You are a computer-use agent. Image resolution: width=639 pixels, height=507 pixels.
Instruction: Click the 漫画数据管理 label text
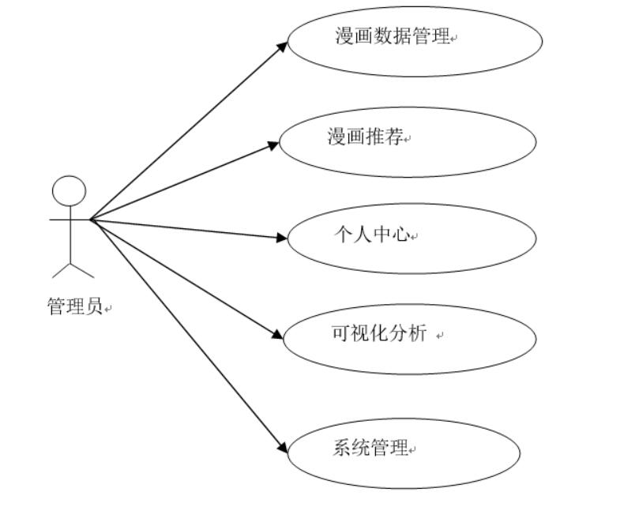tap(392, 36)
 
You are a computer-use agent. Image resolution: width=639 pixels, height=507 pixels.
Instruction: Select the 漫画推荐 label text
tap(366, 137)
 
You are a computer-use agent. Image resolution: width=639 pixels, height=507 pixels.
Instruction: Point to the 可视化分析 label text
tap(379, 333)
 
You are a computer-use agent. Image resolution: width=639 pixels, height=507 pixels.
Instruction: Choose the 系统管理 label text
tap(370, 449)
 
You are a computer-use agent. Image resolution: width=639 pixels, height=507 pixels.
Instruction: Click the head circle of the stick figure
tap(69, 191)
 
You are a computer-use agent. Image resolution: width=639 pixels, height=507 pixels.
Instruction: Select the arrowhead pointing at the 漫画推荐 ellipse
tap(273, 145)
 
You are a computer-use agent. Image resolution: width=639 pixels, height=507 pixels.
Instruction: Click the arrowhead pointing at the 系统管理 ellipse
tap(282, 449)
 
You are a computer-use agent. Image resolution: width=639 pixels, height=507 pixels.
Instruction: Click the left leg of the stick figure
tap(61, 270)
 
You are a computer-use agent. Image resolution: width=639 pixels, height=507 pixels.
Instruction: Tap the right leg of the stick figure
tap(82, 270)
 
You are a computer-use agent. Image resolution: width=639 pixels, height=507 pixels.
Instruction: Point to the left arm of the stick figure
tap(59, 219)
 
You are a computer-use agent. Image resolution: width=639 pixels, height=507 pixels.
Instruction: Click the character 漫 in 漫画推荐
tap(337, 137)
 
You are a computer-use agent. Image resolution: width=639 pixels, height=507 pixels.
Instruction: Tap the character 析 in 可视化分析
tap(418, 333)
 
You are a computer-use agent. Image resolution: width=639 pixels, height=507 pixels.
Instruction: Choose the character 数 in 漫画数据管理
tap(382, 36)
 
